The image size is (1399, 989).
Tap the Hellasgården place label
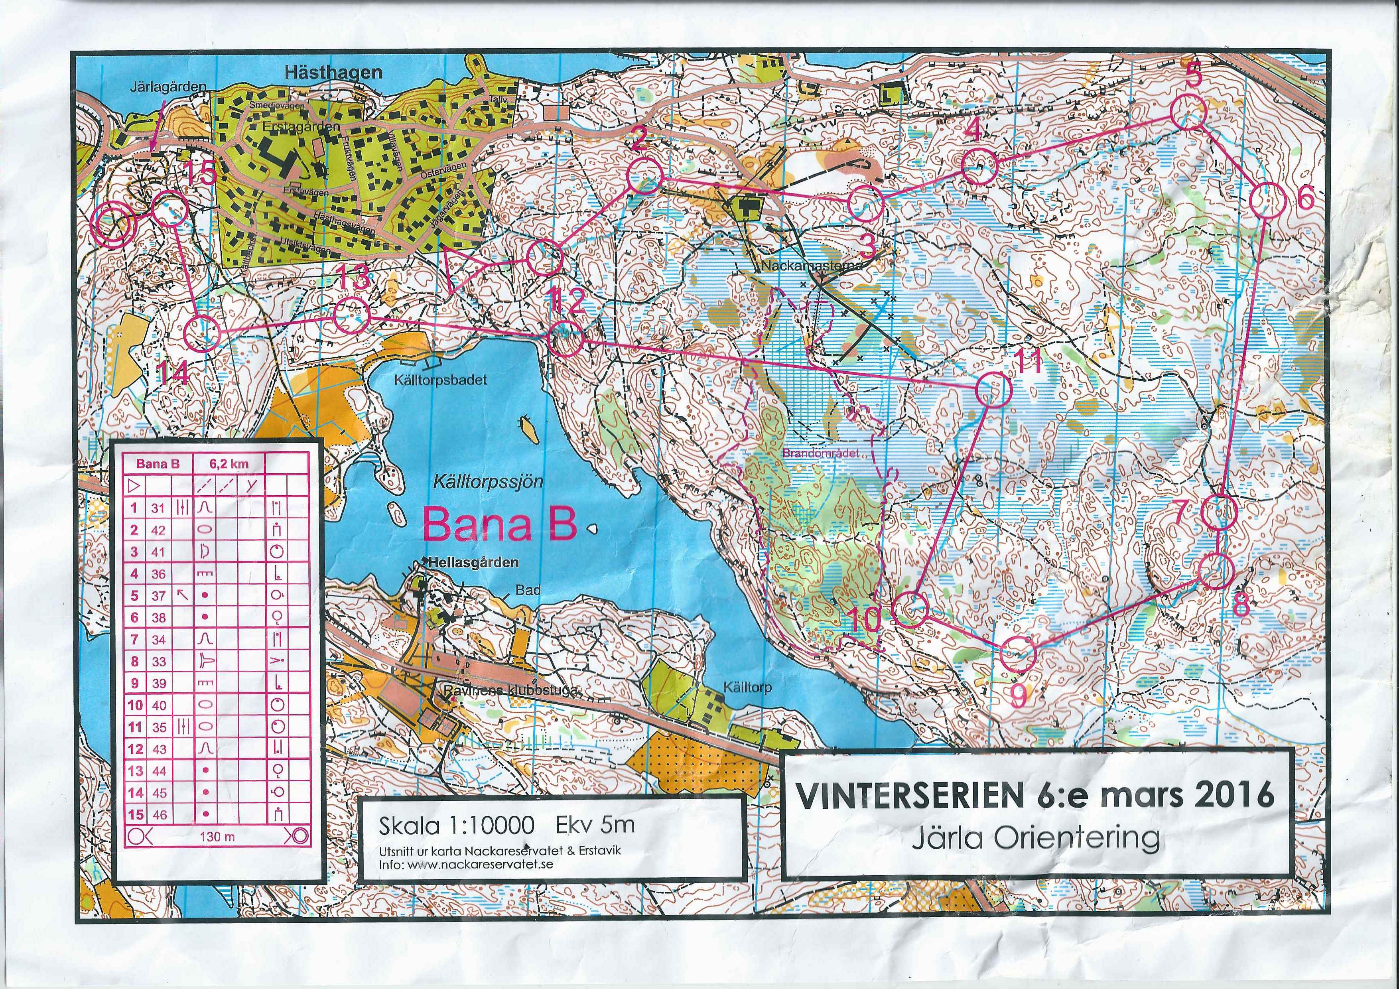pos(473,562)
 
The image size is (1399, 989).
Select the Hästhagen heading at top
pos(333,73)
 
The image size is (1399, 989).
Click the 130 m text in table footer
pos(217,837)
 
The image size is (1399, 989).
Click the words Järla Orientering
pos(1035,839)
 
